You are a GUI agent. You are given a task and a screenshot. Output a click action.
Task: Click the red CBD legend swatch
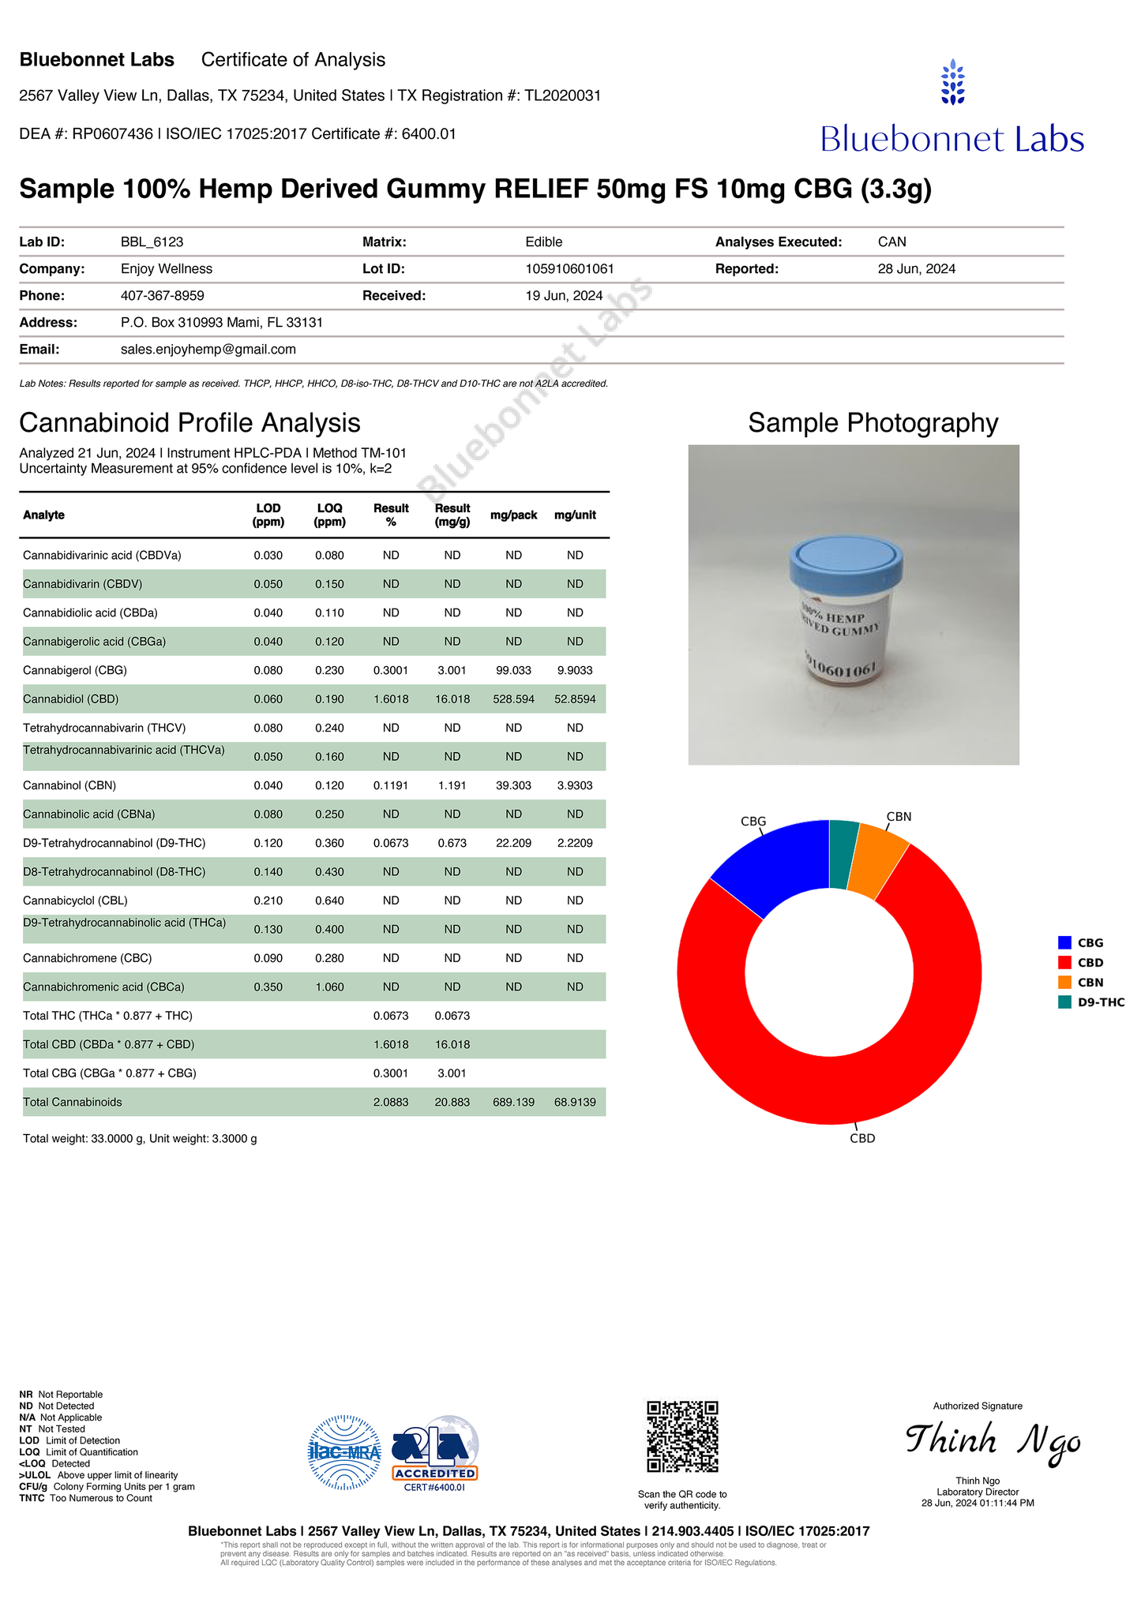point(1064,962)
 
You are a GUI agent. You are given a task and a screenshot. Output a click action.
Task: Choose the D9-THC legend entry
point(1100,1002)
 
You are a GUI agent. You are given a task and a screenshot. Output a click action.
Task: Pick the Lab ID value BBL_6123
point(152,242)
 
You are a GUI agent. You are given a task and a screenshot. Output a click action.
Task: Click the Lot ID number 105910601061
point(569,269)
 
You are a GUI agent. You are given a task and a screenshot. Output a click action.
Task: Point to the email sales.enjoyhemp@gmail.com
point(208,349)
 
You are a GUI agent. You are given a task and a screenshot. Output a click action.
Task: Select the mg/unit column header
point(575,515)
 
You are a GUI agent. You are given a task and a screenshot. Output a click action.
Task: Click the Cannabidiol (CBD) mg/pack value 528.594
point(513,699)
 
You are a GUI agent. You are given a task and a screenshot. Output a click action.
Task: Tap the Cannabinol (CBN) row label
point(71,785)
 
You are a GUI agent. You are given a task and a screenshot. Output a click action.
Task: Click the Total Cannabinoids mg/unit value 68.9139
point(575,1102)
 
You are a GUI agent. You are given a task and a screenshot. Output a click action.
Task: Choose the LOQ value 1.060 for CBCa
point(329,987)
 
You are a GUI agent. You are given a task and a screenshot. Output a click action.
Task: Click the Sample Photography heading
point(873,423)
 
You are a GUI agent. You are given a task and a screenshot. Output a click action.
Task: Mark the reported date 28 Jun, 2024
point(916,269)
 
